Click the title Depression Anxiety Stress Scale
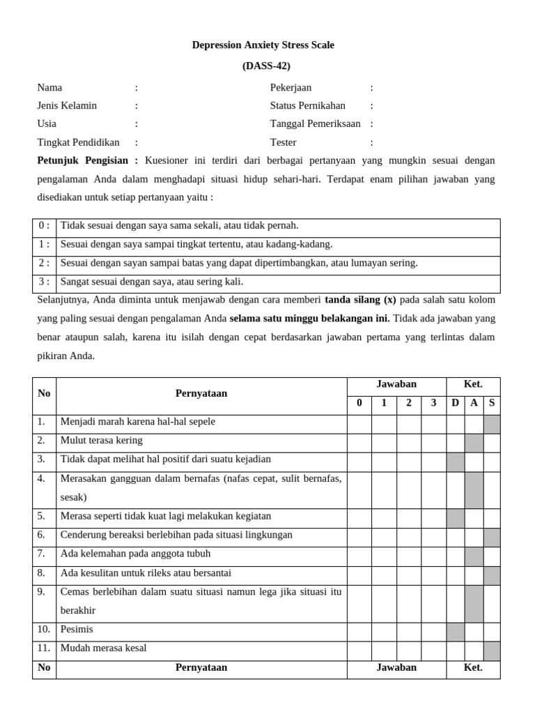coord(263,45)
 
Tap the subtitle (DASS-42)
coord(266,66)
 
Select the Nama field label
coord(49,88)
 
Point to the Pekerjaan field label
coord(290,88)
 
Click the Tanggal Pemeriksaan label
coord(315,124)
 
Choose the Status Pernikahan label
coord(307,106)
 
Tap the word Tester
coord(283,142)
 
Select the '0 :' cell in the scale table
coord(44,226)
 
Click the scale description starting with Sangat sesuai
coord(152,282)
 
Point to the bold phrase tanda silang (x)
coord(360,301)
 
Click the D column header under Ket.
coord(455,403)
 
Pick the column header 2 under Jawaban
coord(409,403)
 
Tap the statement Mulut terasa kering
coord(102,441)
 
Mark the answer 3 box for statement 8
coord(434,573)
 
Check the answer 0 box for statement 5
coord(359,517)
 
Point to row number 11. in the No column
coord(43,648)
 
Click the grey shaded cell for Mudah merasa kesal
coord(492,648)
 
